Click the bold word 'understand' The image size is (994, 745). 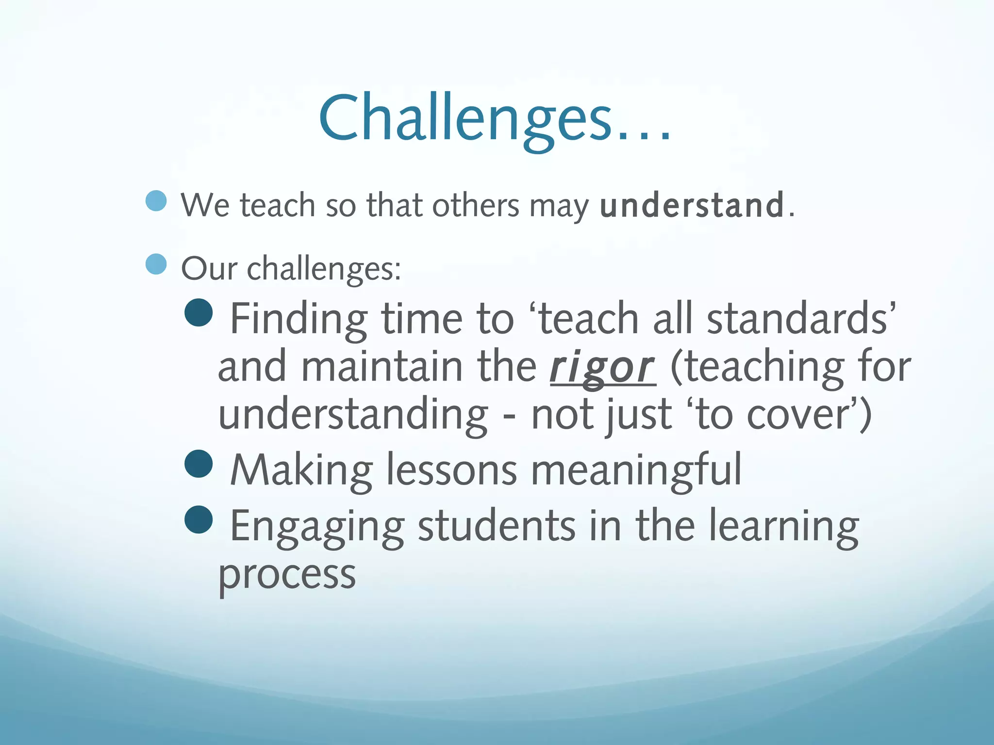(x=692, y=205)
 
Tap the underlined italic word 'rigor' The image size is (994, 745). (x=602, y=368)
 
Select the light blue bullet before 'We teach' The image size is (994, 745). (x=156, y=201)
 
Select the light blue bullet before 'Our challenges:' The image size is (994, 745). (x=156, y=264)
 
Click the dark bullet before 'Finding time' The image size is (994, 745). (x=199, y=312)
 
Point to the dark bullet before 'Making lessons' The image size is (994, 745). (x=199, y=464)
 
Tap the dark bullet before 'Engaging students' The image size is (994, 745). (x=199, y=519)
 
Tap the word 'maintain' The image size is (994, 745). (x=381, y=368)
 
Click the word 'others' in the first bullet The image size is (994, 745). (x=475, y=205)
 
